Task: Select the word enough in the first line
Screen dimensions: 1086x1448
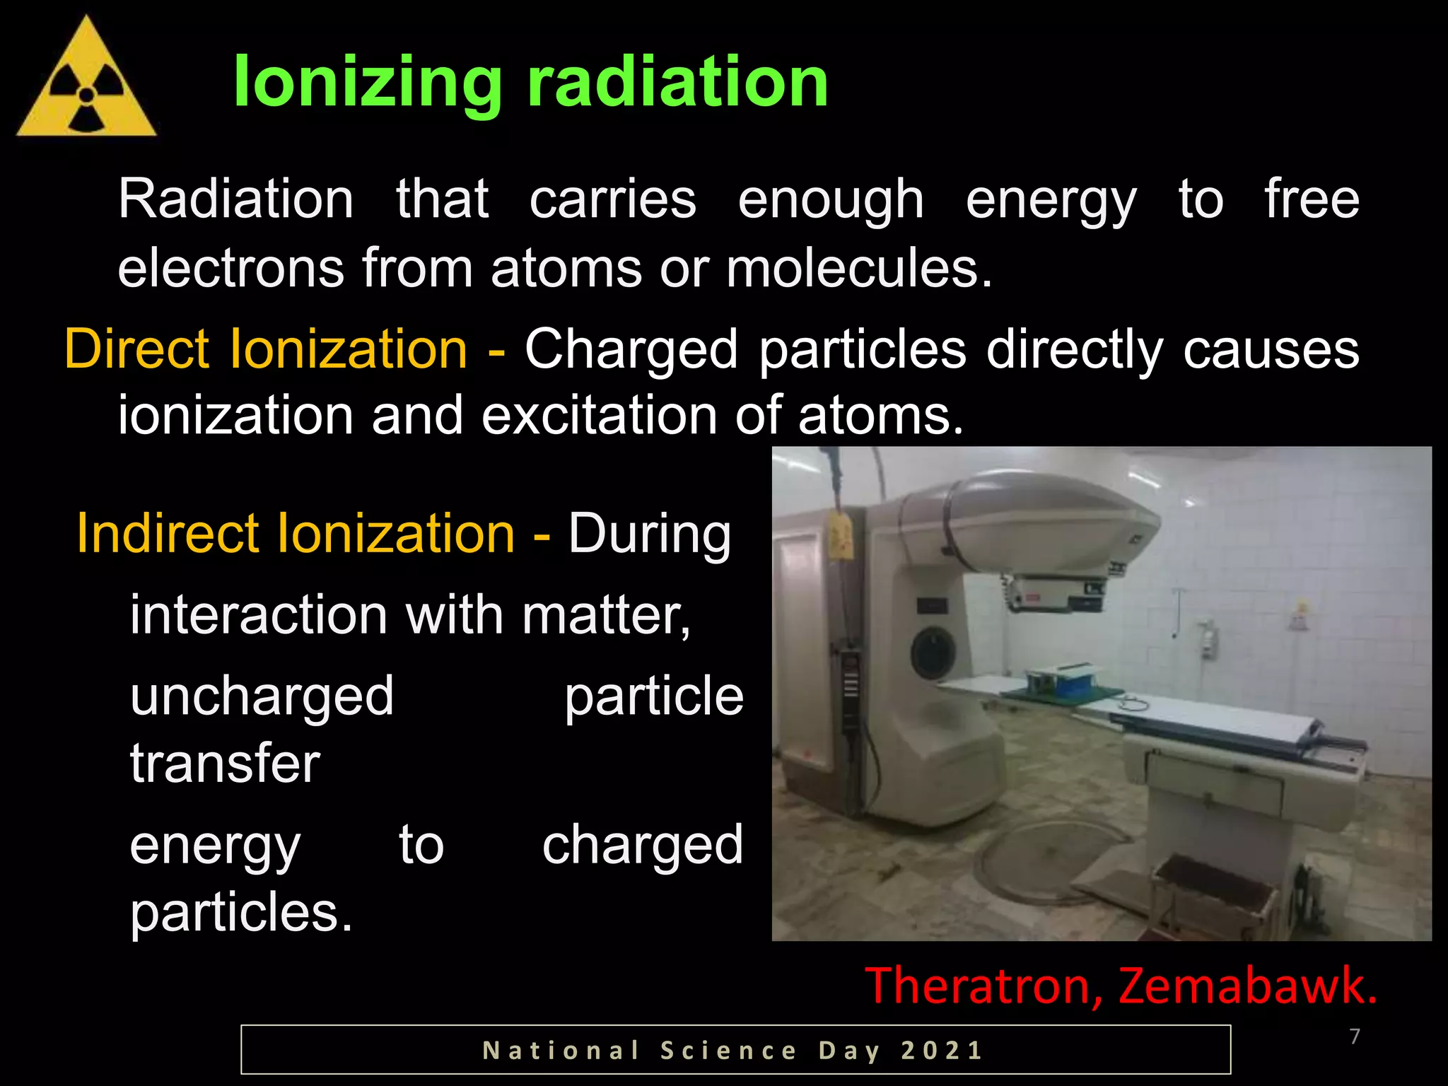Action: pyautogui.click(x=831, y=200)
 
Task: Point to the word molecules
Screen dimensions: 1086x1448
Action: pyautogui.click(x=859, y=269)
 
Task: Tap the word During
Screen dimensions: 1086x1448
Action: pyautogui.click(x=649, y=535)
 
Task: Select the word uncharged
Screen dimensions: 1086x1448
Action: pyautogui.click(x=262, y=696)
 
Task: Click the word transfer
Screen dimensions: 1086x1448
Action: pyautogui.click(x=225, y=764)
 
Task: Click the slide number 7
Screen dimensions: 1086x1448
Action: pyautogui.click(x=1355, y=1037)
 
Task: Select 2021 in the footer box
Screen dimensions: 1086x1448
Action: pyautogui.click(x=942, y=1051)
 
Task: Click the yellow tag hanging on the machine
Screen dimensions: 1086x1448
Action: pyautogui.click(x=839, y=538)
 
